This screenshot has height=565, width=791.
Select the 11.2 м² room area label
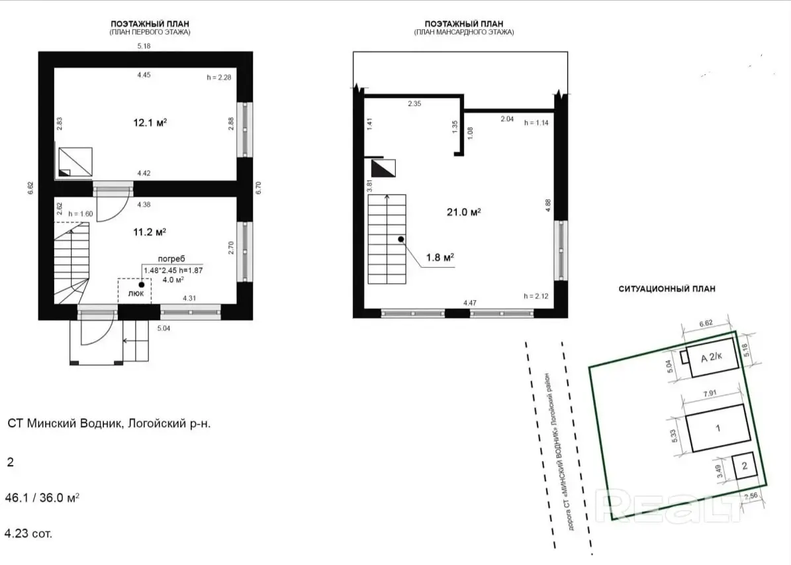(x=148, y=232)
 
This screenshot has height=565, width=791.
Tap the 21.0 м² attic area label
(x=463, y=212)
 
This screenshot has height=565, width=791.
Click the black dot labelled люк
(x=141, y=284)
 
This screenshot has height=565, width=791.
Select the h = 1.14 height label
(x=537, y=123)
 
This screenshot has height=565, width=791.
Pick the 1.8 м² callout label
(x=440, y=258)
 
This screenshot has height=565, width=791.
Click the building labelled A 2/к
(x=712, y=358)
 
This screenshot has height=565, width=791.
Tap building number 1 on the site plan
(x=718, y=428)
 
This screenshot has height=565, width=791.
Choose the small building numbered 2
(x=744, y=466)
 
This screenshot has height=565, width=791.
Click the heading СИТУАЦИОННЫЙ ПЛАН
(x=667, y=289)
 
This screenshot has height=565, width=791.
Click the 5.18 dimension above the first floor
(x=144, y=46)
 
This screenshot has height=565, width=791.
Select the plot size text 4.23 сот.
(x=28, y=533)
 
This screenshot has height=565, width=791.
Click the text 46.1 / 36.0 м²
(x=43, y=497)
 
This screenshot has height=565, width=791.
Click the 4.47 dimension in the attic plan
(x=470, y=303)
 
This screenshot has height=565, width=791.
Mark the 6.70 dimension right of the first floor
(x=258, y=188)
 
